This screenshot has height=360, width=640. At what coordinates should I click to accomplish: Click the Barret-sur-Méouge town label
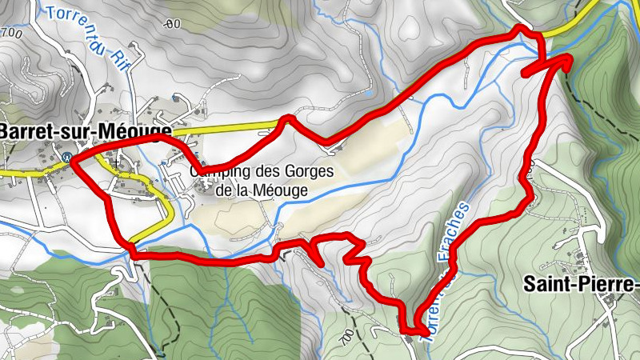pyautogui.click(x=86, y=130)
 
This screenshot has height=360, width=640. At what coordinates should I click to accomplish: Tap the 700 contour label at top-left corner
pyautogui.click(x=10, y=32)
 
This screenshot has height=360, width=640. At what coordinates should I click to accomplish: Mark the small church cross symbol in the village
pyautogui.click(x=117, y=162)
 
